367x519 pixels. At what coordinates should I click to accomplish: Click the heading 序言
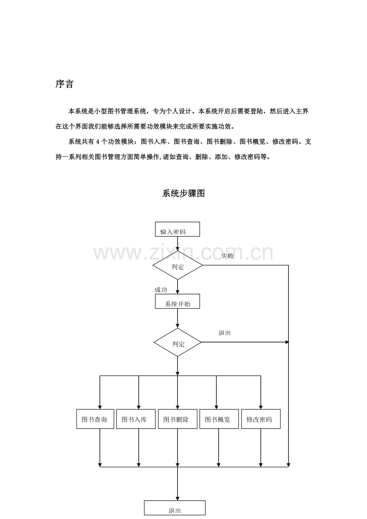click(64, 85)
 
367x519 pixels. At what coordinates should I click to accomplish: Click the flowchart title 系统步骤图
click(183, 194)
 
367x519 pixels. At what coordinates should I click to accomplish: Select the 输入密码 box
click(177, 230)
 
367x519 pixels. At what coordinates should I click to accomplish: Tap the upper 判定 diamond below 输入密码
click(178, 265)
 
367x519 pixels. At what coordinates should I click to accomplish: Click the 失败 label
click(227, 256)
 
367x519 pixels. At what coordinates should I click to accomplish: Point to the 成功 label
click(161, 290)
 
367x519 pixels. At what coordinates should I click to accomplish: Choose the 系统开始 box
click(178, 302)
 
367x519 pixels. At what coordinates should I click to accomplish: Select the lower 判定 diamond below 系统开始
click(178, 342)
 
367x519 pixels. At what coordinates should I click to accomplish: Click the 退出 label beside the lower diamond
click(225, 333)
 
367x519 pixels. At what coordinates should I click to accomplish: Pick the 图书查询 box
click(95, 419)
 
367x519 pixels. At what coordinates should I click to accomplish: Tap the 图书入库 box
click(136, 419)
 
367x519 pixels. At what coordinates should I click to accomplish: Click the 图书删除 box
click(178, 419)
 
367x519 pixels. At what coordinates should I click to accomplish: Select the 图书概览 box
click(219, 419)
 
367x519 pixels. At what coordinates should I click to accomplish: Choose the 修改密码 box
click(260, 419)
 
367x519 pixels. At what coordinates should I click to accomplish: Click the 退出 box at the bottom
click(175, 509)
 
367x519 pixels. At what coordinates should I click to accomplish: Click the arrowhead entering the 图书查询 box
click(100, 407)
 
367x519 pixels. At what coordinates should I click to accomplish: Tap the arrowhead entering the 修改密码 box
click(261, 407)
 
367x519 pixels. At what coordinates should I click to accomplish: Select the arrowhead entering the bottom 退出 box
click(178, 498)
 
